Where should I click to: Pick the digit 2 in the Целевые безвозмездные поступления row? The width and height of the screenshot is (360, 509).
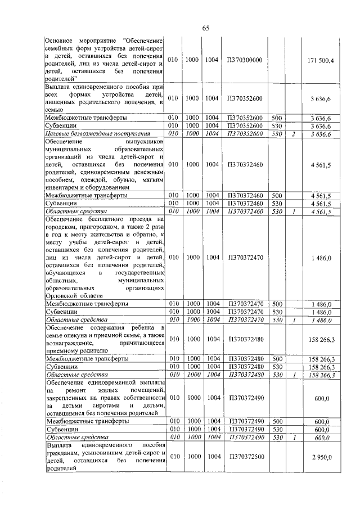(293, 134)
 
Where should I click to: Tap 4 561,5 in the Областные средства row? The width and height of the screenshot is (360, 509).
(324, 211)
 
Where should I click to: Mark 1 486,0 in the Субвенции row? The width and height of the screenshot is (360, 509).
(325, 312)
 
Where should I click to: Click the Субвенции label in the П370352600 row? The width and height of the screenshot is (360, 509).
(61, 126)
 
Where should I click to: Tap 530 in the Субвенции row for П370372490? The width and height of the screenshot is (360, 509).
(276, 429)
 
